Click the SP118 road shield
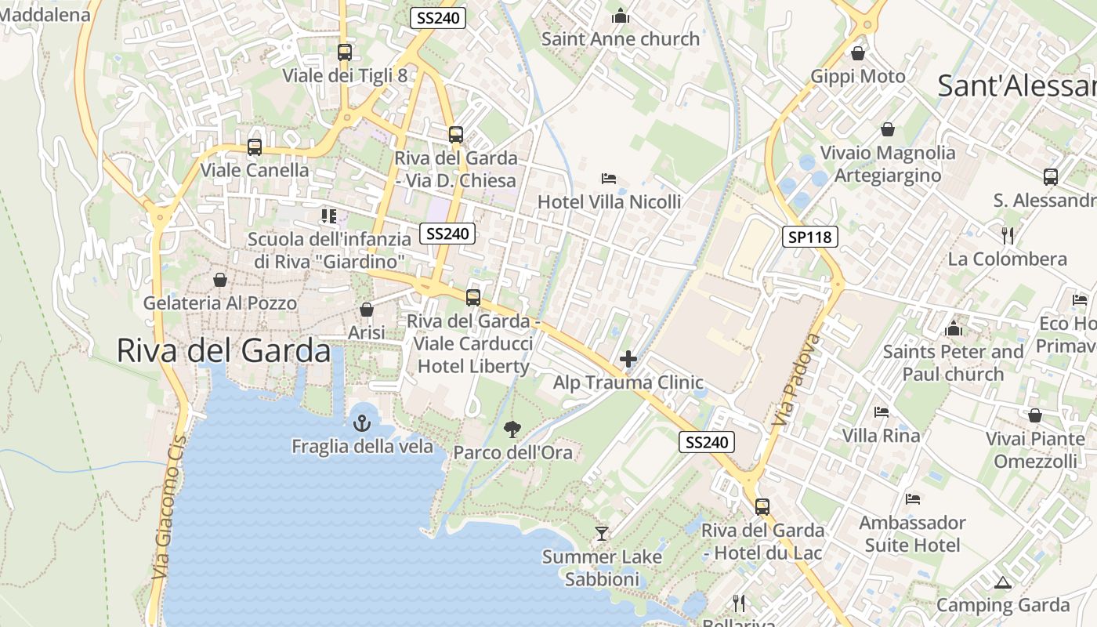tap(810, 236)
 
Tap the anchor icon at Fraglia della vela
tap(361, 424)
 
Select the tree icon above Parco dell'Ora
tap(512, 429)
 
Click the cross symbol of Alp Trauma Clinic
tap(628, 360)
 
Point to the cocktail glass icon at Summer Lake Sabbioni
tap(602, 534)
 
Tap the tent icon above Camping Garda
tap(1002, 582)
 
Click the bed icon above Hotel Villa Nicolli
tap(609, 179)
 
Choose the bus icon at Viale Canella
tap(254, 147)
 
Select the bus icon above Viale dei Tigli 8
tap(344, 53)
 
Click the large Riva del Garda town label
tap(223, 350)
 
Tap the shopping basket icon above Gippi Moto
tap(858, 53)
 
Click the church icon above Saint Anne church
tap(621, 16)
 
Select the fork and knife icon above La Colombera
tap(1008, 235)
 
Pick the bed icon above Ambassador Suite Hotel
tap(912, 498)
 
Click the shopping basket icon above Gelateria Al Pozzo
tap(220, 280)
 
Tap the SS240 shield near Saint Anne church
tap(438, 18)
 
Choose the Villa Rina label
tap(881, 435)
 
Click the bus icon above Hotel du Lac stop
tap(762, 507)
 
